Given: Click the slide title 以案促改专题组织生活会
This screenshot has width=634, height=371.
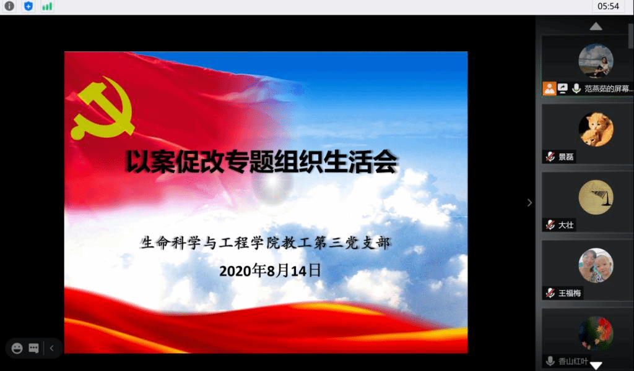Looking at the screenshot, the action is (262, 161).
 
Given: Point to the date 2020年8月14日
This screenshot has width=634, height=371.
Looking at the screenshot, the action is (270, 270).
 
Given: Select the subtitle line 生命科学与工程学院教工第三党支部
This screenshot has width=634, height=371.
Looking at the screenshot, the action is (265, 242).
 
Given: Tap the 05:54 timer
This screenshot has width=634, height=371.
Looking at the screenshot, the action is (608, 6).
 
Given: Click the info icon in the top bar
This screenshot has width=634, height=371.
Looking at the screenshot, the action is (9, 6).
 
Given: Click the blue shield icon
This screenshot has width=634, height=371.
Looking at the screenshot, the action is (28, 6).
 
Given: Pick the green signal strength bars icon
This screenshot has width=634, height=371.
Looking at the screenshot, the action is (47, 6).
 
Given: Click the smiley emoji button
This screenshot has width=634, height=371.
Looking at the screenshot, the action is (17, 348).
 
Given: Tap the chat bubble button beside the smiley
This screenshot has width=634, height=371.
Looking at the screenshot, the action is (34, 348).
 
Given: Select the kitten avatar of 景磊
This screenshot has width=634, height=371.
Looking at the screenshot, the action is (596, 129).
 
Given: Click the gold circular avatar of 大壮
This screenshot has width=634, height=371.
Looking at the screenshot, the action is (596, 197).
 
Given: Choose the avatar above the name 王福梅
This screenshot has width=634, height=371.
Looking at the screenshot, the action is (596, 265).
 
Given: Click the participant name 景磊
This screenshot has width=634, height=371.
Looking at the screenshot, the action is (566, 156).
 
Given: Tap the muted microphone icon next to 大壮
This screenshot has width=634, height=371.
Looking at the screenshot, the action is (550, 225).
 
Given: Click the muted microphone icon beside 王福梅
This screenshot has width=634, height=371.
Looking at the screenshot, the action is (550, 292).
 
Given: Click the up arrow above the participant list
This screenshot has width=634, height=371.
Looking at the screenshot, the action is (596, 27).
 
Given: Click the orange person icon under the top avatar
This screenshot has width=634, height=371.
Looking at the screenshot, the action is (549, 88).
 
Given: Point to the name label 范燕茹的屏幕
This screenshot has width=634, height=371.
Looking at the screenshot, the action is (608, 88).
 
